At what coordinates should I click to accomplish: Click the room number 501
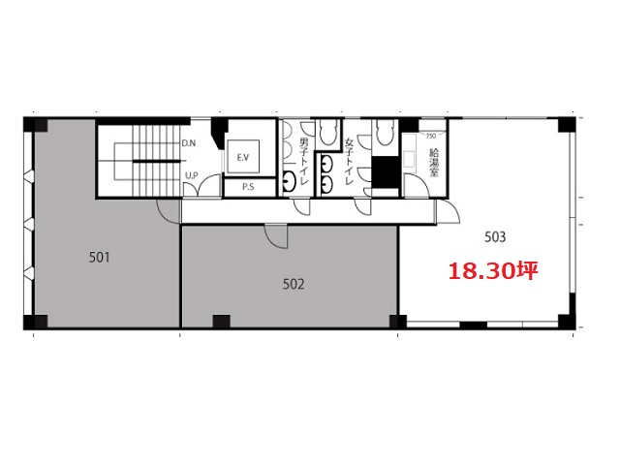(99, 258)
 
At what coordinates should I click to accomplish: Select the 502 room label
(294, 284)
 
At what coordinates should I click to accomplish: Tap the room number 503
(495, 236)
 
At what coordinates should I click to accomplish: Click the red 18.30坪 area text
(493, 271)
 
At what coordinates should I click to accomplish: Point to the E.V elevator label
(243, 157)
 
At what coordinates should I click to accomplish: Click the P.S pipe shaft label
(248, 187)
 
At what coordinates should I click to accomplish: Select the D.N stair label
(189, 143)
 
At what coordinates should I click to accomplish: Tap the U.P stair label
(192, 175)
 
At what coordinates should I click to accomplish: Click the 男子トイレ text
(304, 162)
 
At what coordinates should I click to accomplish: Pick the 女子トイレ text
(349, 162)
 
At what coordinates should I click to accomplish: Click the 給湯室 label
(434, 163)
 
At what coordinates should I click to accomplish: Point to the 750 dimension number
(430, 136)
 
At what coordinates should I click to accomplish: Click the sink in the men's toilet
(289, 181)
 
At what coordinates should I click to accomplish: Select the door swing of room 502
(276, 236)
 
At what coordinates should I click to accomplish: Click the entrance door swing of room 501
(169, 211)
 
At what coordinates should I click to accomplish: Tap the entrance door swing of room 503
(449, 212)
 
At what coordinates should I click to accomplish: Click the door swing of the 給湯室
(416, 185)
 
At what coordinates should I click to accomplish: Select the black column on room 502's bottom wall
(221, 322)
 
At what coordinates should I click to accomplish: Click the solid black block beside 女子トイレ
(386, 172)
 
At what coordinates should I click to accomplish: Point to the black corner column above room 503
(567, 125)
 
